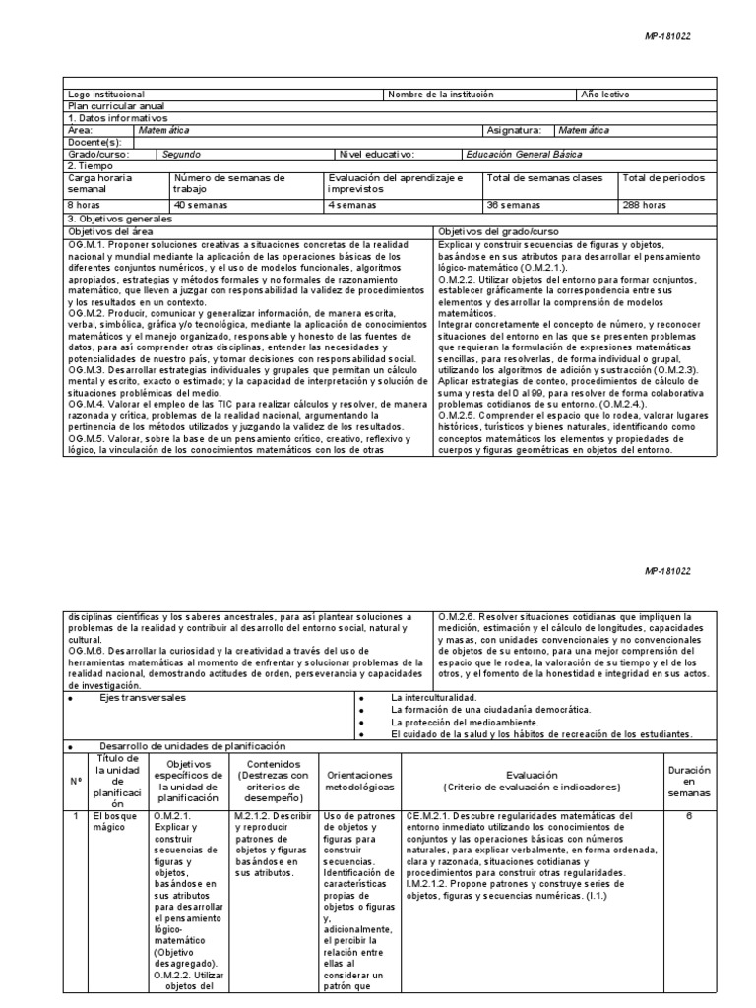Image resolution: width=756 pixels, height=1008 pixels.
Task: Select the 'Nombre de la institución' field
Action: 440,94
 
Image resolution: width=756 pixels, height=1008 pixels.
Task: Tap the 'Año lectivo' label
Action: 605,94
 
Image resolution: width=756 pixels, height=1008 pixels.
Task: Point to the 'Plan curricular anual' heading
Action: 115,106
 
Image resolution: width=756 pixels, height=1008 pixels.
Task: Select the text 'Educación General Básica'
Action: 523,154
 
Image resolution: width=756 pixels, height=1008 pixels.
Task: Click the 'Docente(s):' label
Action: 94,142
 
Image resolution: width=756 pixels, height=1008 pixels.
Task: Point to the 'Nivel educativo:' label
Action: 377,154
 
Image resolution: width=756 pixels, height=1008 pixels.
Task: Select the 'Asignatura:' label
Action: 514,130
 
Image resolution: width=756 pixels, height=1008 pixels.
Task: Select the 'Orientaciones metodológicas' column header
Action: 359,783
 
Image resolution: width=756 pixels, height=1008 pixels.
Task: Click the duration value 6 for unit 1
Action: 689,816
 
